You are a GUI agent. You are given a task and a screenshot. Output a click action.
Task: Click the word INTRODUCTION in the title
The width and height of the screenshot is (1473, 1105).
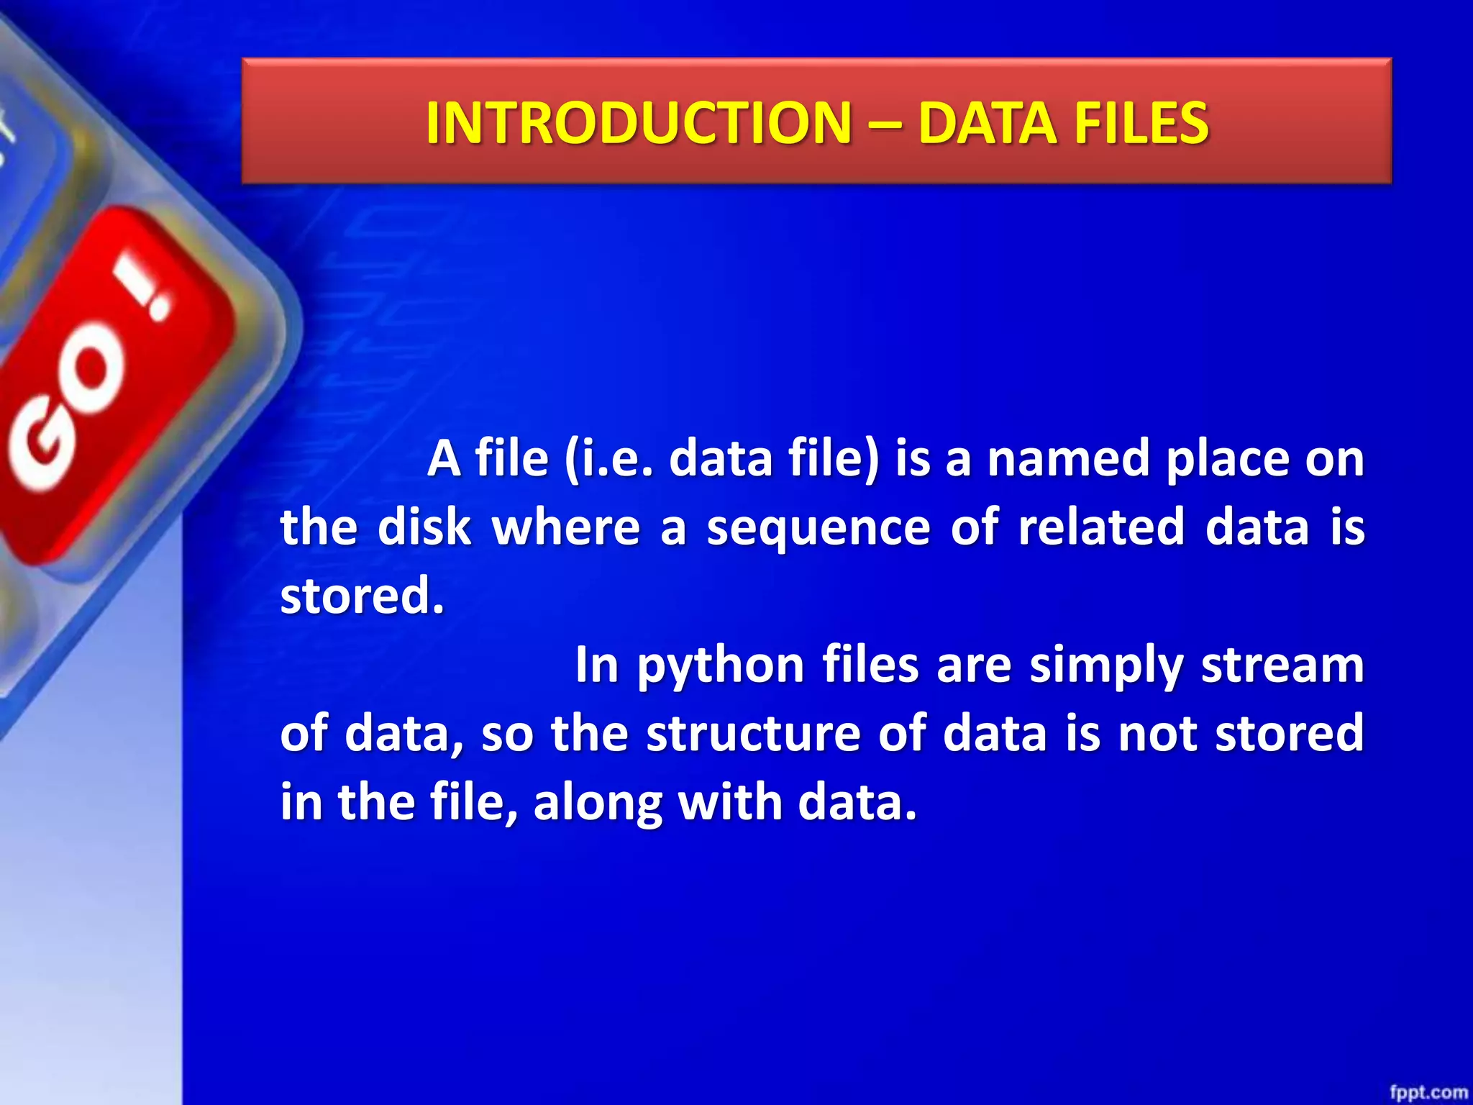click(638, 123)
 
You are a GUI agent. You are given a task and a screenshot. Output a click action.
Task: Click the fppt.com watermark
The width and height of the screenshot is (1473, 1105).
click(1428, 1092)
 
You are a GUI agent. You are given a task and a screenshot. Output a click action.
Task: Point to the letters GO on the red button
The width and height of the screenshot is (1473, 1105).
click(68, 410)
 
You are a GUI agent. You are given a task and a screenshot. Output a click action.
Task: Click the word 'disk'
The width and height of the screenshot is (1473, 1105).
click(424, 527)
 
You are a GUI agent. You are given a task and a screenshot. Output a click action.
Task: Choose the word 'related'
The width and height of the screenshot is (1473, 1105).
click(1100, 527)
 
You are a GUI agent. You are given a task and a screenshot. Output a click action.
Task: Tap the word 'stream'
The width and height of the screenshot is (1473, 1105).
click(1282, 665)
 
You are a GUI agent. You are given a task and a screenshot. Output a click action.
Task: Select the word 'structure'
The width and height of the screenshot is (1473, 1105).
click(753, 733)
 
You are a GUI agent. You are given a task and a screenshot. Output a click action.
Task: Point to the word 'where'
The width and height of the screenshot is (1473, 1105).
click(565, 527)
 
